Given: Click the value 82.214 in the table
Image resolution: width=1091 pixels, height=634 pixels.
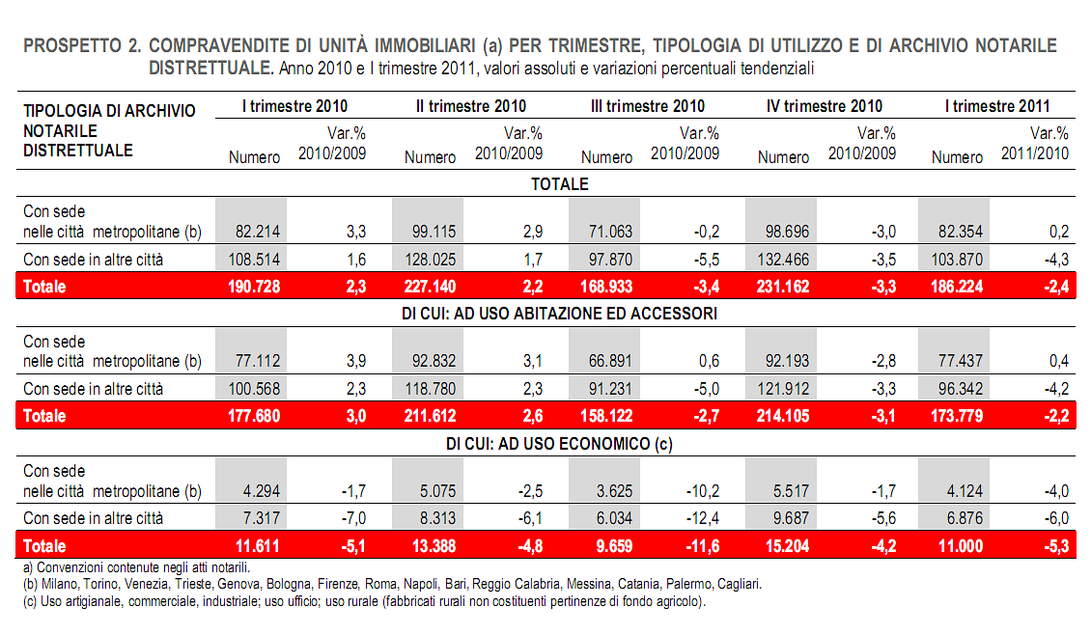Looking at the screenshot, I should coord(256,232).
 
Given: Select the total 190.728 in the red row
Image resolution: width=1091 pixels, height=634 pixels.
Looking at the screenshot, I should coord(254,287).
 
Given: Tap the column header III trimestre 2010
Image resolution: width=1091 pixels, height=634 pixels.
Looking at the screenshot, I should coord(647,106).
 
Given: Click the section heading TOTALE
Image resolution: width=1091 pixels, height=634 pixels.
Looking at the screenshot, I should coord(560,183).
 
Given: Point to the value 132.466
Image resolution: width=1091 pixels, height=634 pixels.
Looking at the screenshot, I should coord(784,260).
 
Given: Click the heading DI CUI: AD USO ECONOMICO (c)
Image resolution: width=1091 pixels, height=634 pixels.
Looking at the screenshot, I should coord(560,444).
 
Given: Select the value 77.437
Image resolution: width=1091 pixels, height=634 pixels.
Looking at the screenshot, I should coord(959,362).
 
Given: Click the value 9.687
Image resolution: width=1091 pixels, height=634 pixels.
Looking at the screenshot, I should coord(790,519).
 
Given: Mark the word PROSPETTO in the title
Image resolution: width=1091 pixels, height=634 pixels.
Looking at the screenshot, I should coord(70,46).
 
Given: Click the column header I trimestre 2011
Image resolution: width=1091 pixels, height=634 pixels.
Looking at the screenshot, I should coord(997,106).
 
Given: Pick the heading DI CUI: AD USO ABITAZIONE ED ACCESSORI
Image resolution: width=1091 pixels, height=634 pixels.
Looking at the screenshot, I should coord(560,314).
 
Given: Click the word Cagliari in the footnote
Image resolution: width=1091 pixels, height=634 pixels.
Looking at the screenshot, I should coord(737,585).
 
